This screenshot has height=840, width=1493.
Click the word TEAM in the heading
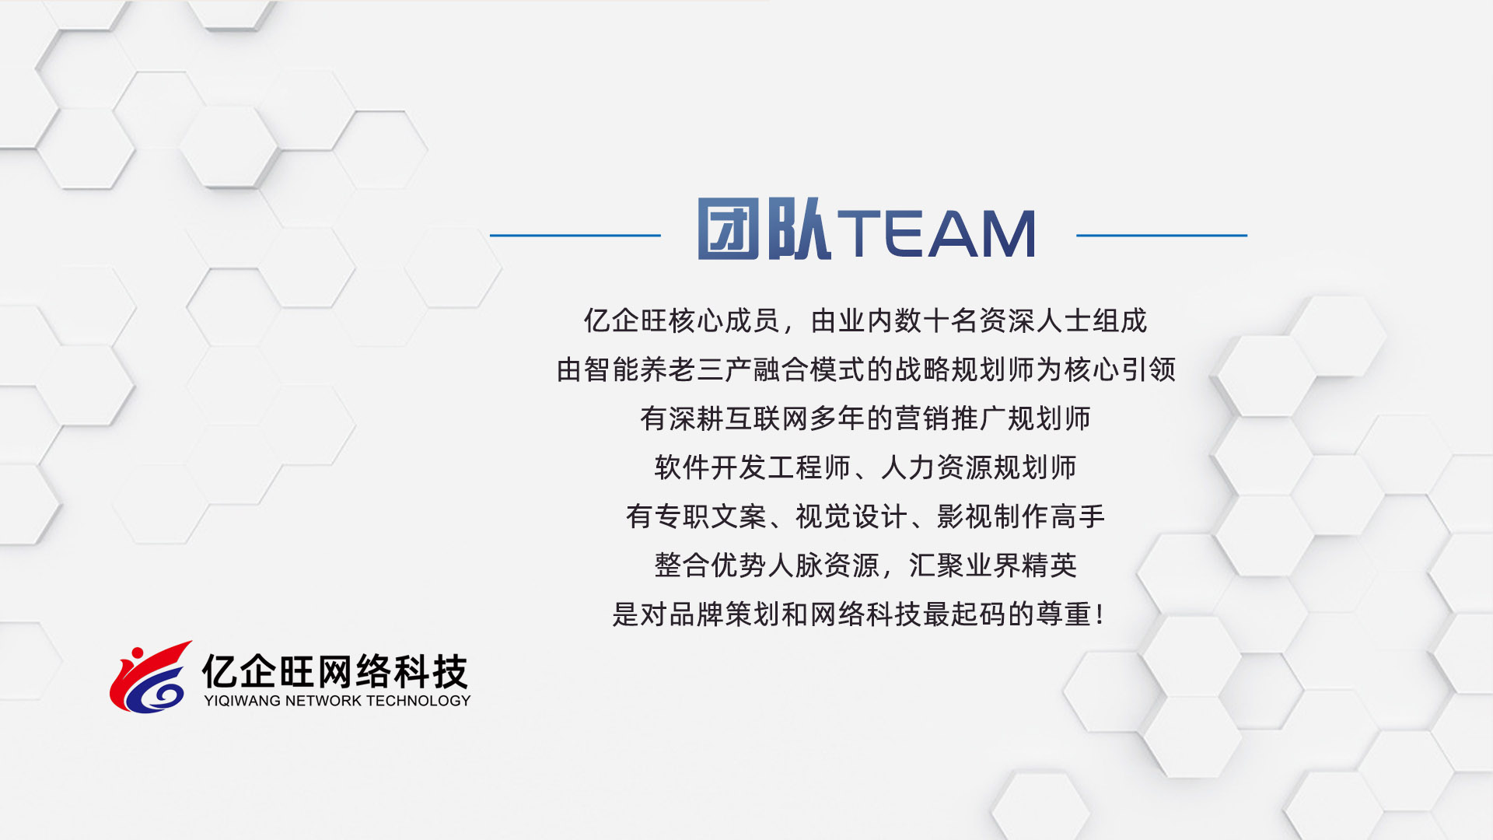(936, 233)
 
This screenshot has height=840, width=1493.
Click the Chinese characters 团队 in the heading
(764, 229)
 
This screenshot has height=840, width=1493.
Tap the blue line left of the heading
(575, 235)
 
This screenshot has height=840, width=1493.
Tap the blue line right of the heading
(1162, 235)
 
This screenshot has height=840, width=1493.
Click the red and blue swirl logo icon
(151, 677)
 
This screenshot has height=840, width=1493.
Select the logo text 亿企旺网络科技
(335, 671)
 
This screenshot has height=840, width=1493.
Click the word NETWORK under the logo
(324, 701)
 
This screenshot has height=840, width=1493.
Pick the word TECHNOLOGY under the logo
(418, 701)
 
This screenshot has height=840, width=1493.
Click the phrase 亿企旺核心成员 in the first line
(682, 320)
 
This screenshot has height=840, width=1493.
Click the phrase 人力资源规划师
(979, 467)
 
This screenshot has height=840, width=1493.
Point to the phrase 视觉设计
(852, 516)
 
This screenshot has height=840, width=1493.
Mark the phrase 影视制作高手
(1021, 516)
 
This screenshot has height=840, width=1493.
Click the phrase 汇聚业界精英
(993, 565)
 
